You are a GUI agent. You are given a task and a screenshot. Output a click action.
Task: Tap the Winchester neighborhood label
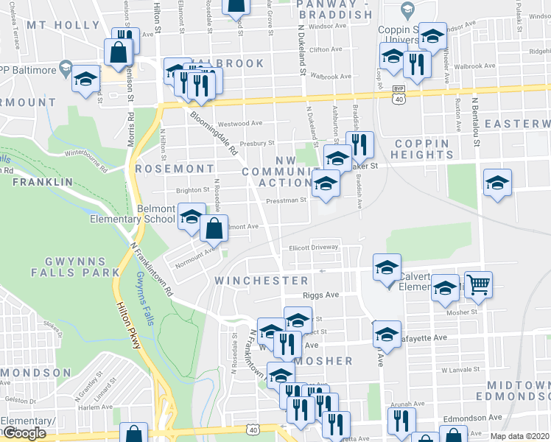[x=262, y=281]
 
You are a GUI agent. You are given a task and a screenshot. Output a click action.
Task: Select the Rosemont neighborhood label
[x=175, y=169]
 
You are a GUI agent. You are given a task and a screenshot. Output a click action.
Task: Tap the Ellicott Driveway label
[x=313, y=248]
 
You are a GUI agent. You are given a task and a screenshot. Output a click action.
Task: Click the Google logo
[x=25, y=433]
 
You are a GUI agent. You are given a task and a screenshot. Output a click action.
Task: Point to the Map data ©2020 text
[x=519, y=436]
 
